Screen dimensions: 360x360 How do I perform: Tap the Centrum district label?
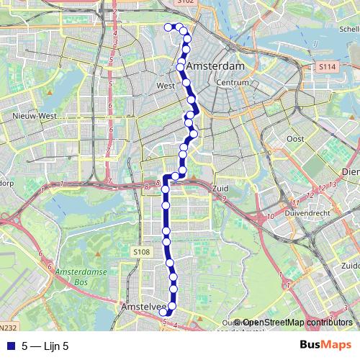point(232,83)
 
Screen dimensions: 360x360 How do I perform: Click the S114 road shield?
point(326,67)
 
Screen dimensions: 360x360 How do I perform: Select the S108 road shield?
point(141,252)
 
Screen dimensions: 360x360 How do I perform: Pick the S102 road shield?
point(185,2)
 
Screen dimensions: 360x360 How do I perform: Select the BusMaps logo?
point(325,345)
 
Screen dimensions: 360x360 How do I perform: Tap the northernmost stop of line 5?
point(168,27)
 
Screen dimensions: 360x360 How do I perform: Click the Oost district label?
point(295,138)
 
